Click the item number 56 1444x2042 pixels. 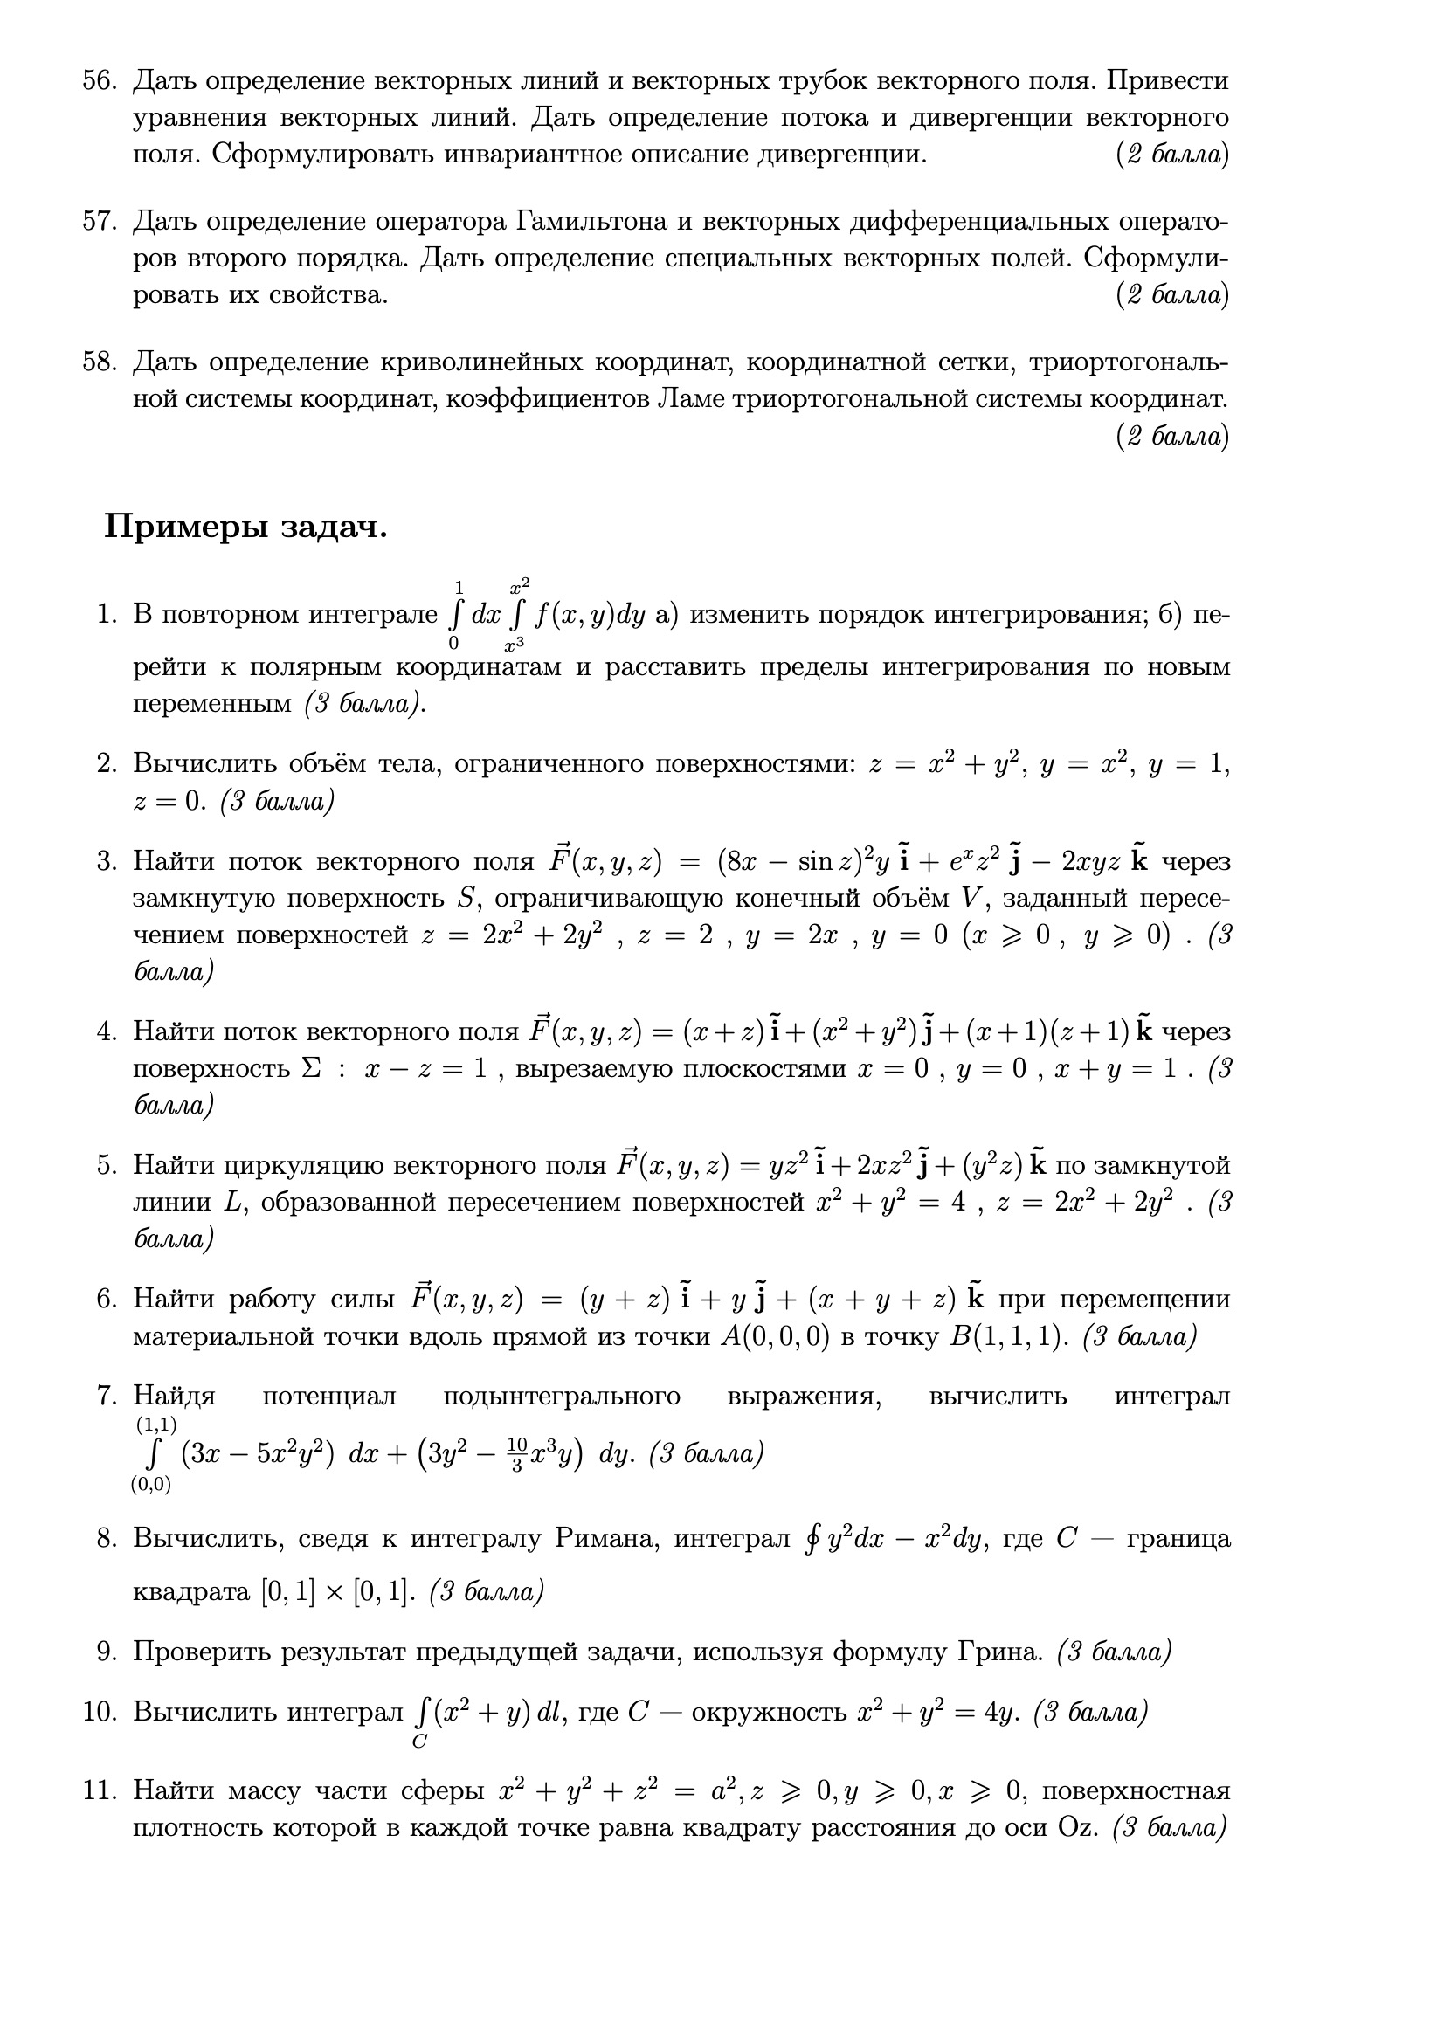100,81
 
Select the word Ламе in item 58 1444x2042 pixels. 687,399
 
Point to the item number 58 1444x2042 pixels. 100,362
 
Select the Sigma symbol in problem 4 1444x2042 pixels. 311,1067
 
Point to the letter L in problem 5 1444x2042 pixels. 232,1203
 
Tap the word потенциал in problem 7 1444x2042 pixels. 329,1397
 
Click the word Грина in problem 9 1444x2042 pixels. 1000,1652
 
